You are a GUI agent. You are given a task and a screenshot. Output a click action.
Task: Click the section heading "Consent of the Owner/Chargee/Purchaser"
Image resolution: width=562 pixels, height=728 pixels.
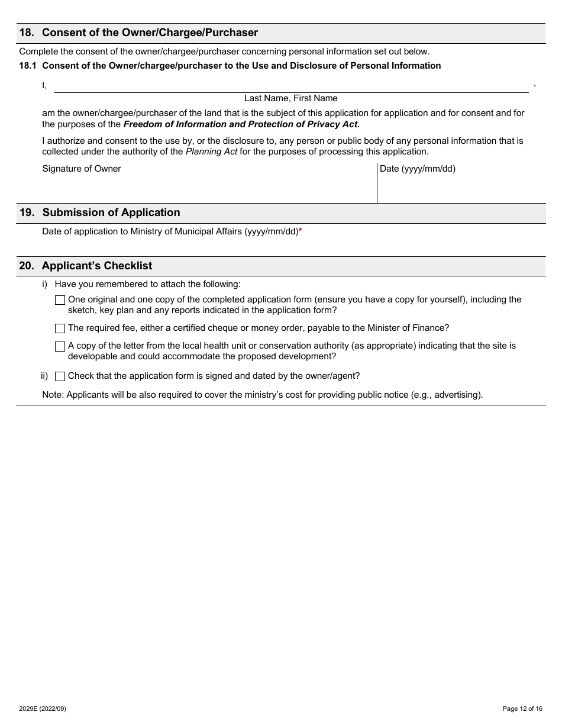coord(150,33)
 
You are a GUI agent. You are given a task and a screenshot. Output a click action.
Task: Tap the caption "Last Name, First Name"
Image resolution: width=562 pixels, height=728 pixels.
coord(290,98)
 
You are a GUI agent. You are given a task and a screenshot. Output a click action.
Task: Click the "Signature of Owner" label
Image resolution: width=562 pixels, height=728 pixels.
coord(82,169)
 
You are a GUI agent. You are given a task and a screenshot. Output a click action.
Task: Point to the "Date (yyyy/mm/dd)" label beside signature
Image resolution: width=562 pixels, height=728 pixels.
coord(418,169)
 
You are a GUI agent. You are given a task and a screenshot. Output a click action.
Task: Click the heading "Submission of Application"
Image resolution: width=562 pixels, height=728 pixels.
coord(111,212)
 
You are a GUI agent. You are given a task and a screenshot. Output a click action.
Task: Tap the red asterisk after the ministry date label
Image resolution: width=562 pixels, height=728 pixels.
coord(301,232)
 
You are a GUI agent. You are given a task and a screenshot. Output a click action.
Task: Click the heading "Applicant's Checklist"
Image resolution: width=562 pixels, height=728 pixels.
coord(97,266)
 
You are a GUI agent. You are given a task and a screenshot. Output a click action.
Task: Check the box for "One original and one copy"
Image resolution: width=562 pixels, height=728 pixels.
coord(60,300)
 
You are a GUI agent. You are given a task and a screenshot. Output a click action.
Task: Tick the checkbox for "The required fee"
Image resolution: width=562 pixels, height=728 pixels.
coord(60,328)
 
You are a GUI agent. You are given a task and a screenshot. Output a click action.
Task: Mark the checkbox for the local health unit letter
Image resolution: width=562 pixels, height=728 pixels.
coord(60,346)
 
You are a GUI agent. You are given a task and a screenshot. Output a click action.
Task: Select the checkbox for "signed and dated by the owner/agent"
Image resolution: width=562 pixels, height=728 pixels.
coord(60,376)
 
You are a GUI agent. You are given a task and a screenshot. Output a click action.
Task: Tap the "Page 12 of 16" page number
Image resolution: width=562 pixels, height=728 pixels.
coord(522,708)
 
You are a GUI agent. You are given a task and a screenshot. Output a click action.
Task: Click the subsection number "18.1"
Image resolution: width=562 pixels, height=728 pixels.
coord(28,66)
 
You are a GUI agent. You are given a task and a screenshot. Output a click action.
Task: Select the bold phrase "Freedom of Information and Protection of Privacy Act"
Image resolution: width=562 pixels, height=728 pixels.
coord(241,124)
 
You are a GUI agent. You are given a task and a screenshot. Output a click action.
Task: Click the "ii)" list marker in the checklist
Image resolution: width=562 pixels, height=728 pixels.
coord(44,376)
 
